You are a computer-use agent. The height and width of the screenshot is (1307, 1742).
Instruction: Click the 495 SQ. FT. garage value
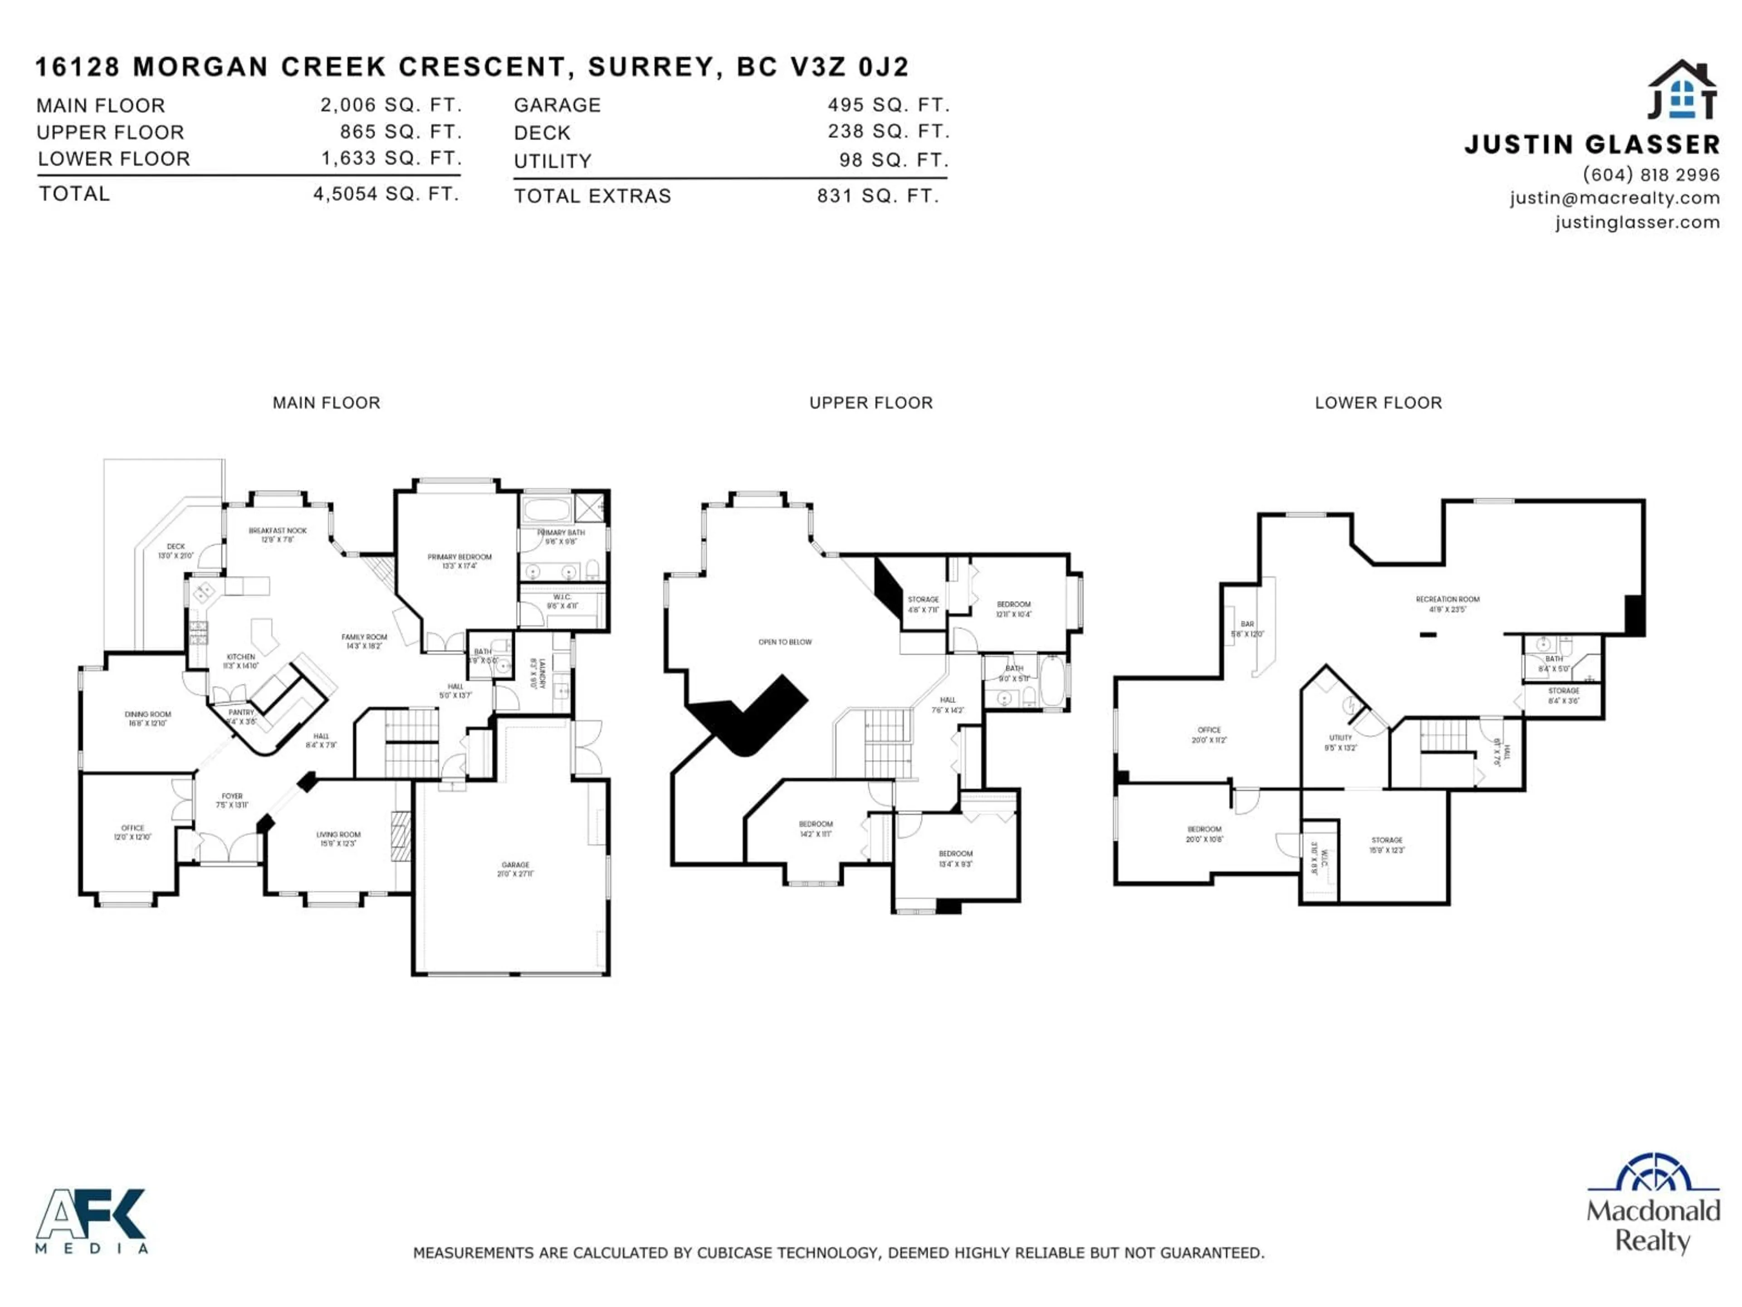tap(888, 105)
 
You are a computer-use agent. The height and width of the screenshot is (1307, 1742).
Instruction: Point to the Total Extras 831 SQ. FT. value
tap(878, 196)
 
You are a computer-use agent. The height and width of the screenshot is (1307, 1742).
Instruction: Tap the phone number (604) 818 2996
tap(1651, 174)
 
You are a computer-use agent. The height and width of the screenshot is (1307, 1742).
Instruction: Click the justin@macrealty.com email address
tap(1615, 198)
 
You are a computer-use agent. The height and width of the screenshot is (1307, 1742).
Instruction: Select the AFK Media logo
tap(91, 1219)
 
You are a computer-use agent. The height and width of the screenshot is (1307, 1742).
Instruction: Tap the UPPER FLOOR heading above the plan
tap(871, 403)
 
